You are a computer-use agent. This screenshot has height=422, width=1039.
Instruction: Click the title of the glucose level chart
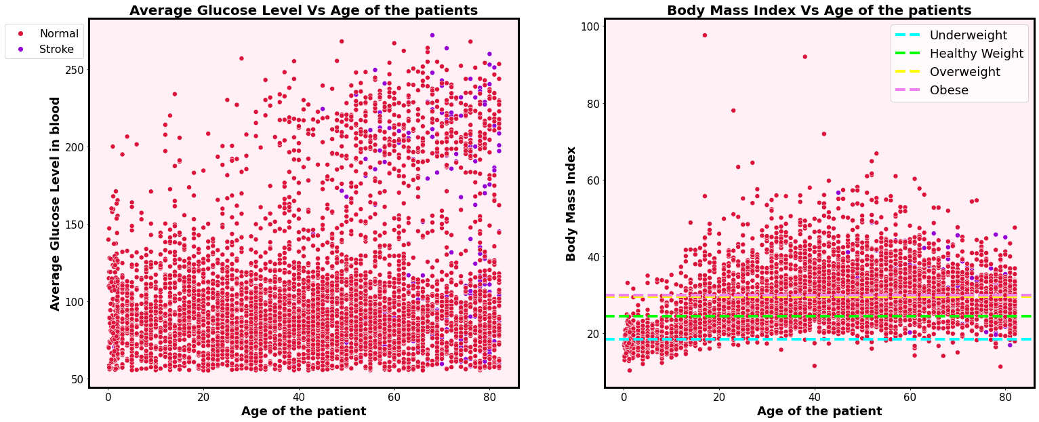[x=303, y=10]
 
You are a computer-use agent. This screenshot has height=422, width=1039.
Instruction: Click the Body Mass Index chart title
[x=819, y=10]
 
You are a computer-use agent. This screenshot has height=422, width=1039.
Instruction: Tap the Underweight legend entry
[x=968, y=35]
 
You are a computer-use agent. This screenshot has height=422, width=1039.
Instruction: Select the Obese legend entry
[x=949, y=90]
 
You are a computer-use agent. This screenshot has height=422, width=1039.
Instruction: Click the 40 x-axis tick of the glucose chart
[x=299, y=397]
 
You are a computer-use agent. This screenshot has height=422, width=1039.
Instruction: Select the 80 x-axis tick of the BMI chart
[x=1006, y=397]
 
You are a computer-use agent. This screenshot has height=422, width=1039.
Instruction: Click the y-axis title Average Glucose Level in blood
[x=56, y=203]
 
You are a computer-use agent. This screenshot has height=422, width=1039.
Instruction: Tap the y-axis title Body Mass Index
[x=571, y=203]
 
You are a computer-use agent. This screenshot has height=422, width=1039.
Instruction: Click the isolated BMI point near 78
[x=733, y=111]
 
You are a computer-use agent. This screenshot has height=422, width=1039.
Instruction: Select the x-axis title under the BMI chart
[x=819, y=411]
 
